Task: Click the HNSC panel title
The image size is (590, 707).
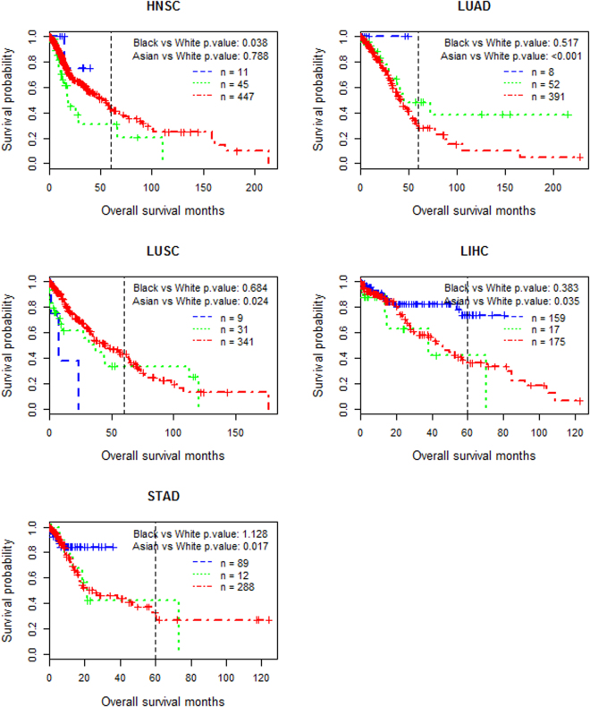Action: (x=159, y=7)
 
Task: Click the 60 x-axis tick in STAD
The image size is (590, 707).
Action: (x=156, y=677)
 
